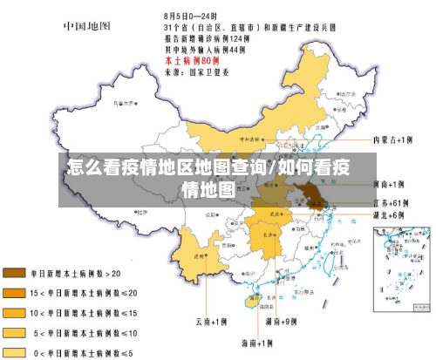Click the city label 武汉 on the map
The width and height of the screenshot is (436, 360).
[x=278, y=212]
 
